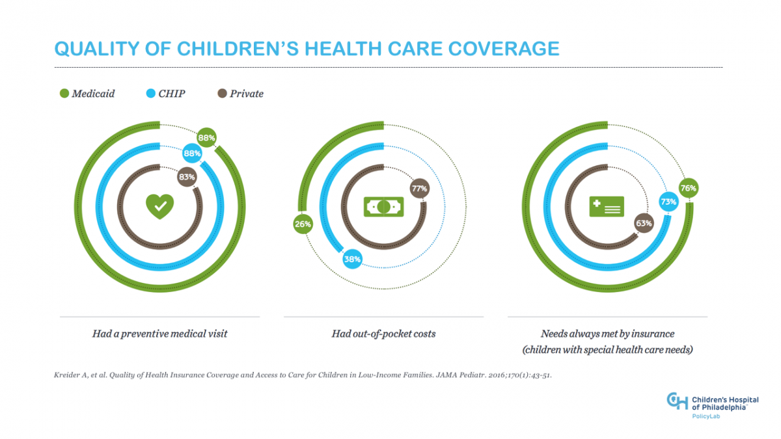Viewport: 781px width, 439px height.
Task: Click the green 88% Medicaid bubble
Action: [x=207, y=138]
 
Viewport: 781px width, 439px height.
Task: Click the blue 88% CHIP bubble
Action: [x=192, y=153]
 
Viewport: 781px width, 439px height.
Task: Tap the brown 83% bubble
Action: [x=187, y=176]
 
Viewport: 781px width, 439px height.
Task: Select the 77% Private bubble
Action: [x=418, y=189]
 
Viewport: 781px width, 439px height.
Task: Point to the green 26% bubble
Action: [x=303, y=224]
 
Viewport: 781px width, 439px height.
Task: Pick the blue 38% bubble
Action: [x=353, y=259]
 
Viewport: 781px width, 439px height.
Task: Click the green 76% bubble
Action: [x=689, y=189]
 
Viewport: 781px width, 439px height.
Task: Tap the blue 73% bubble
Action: [x=668, y=202]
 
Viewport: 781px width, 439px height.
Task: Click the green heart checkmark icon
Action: [x=159, y=206]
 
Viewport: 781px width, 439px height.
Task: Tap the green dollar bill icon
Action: [x=383, y=207]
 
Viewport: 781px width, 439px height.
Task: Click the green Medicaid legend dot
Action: [x=64, y=94]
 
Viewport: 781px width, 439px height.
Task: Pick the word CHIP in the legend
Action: [x=172, y=94]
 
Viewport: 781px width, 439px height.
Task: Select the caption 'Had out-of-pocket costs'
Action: [x=383, y=334]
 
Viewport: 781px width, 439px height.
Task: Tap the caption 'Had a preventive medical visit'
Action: [x=159, y=334]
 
